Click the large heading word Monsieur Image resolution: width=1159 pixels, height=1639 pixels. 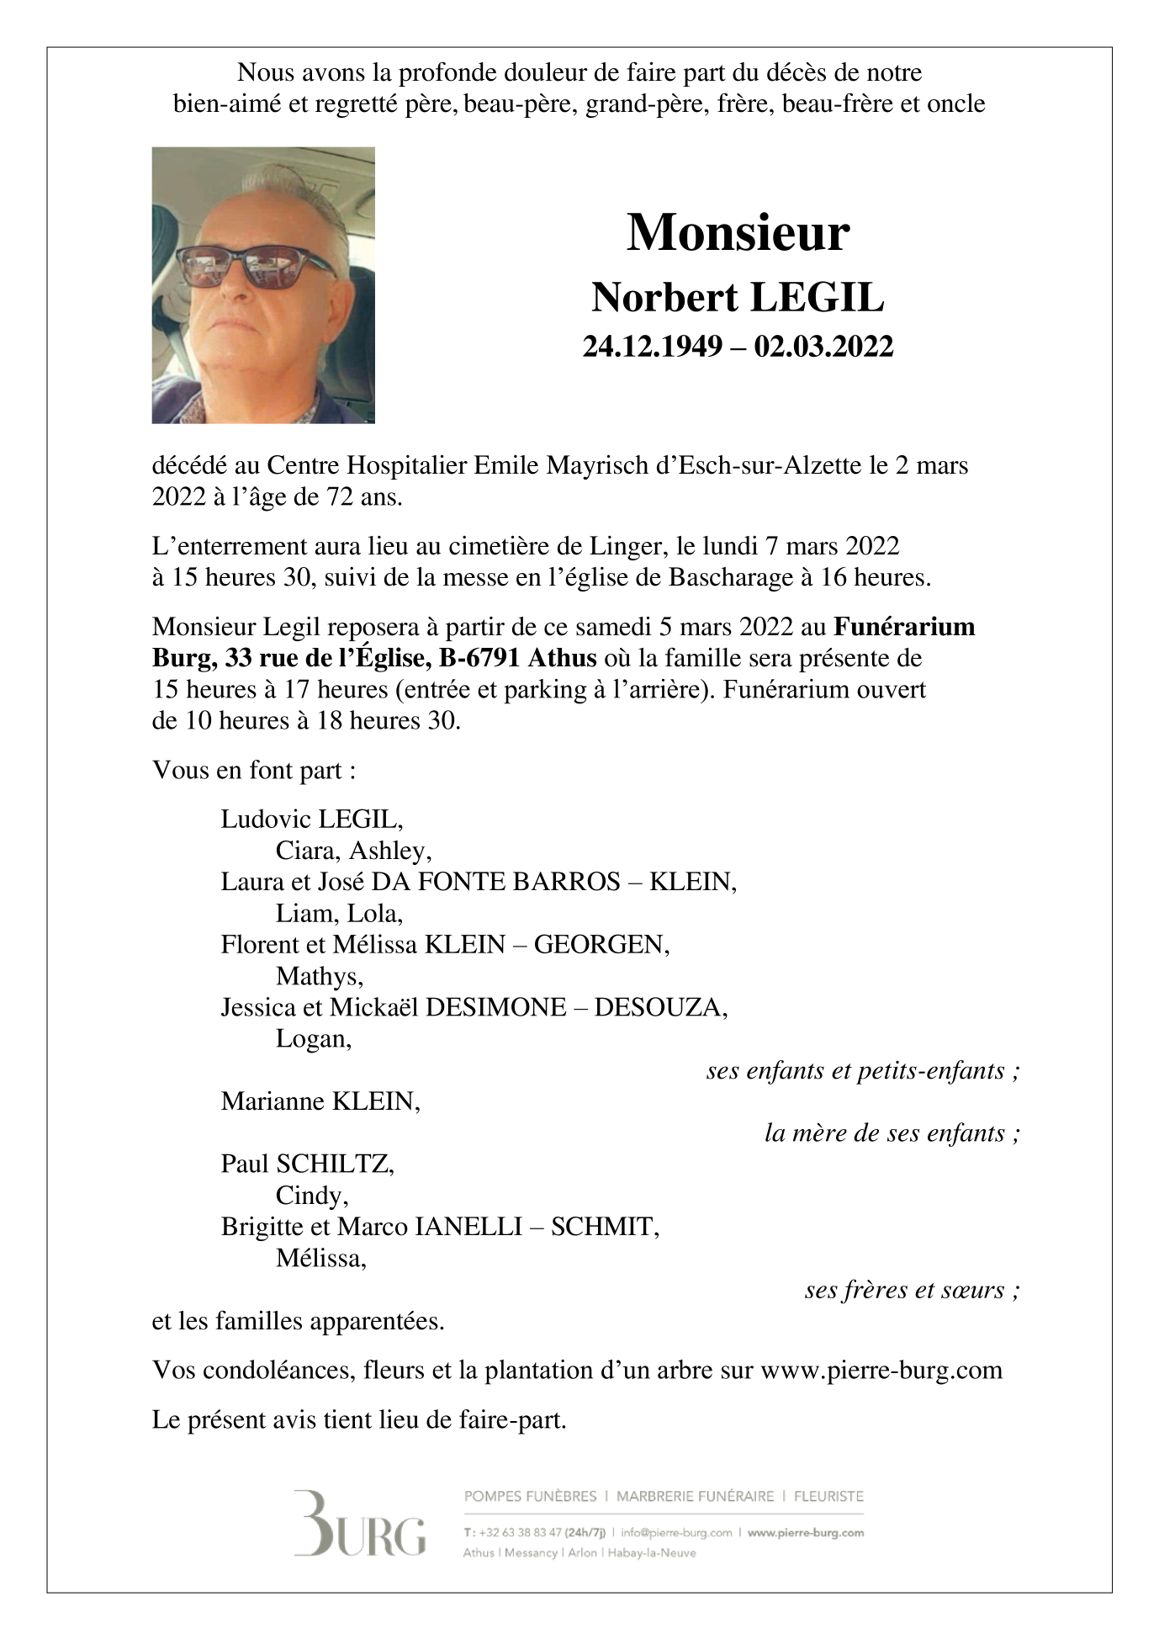click(738, 233)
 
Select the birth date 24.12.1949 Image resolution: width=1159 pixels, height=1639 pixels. click(653, 347)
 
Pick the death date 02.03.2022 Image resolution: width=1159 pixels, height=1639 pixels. click(823, 347)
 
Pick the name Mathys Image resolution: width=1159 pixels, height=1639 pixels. click(319, 976)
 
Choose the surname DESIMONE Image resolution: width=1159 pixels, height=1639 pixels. click(495, 1007)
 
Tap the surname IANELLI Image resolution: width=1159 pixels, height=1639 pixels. click(468, 1227)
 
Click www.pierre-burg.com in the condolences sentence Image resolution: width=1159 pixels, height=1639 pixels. click(881, 1371)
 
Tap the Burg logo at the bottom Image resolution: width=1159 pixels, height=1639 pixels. click(359, 1524)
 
